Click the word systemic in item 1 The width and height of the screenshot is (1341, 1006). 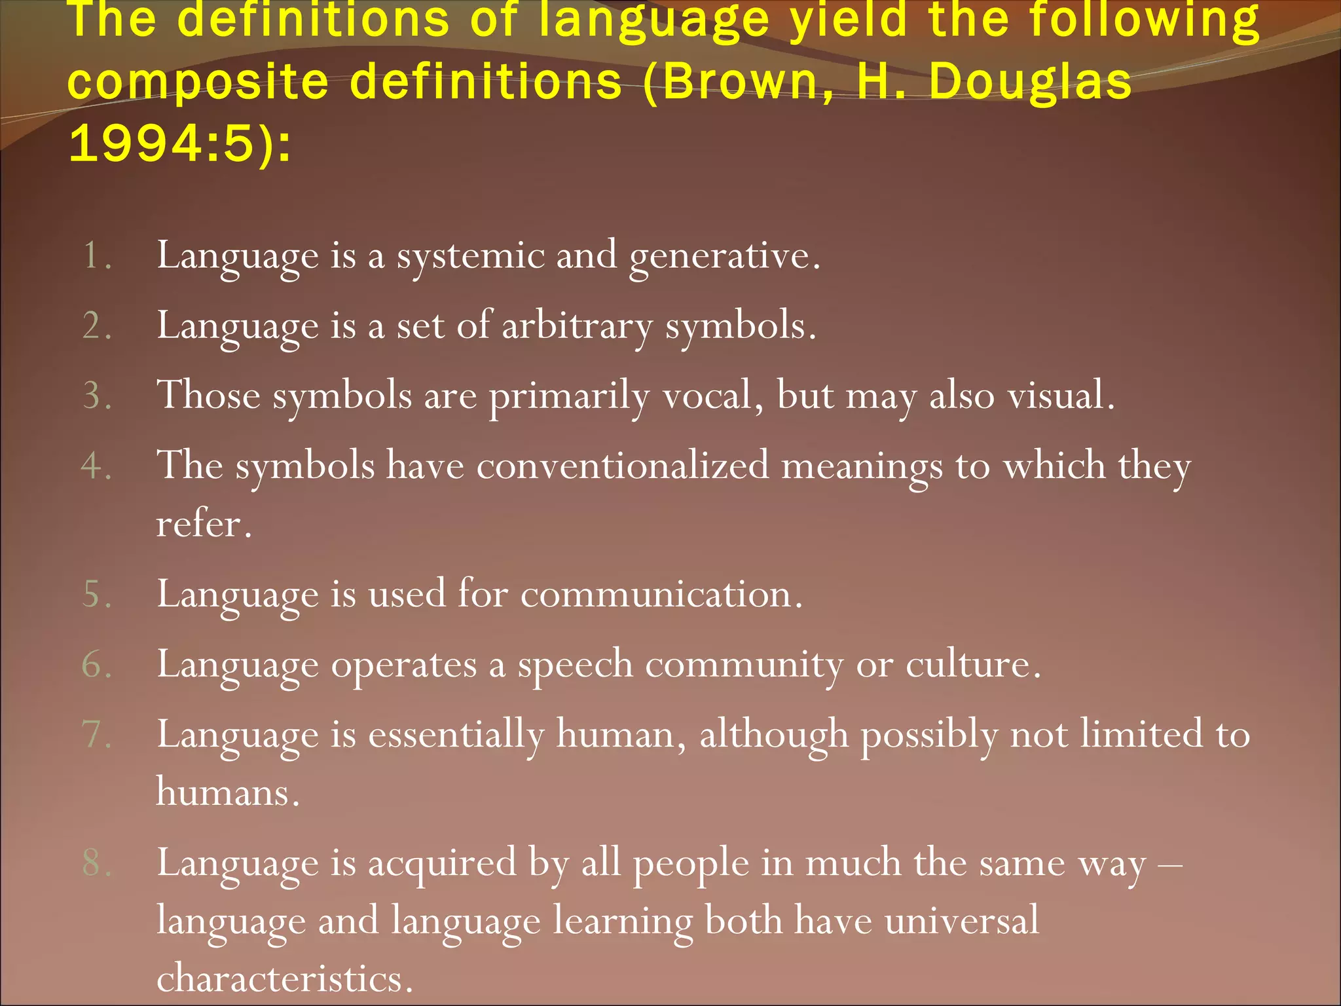[471, 255]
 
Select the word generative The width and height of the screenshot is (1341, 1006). [723, 255]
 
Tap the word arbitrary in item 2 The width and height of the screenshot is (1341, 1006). [577, 326]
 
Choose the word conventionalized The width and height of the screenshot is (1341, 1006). [623, 466]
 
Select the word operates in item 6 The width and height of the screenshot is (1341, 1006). [403, 665]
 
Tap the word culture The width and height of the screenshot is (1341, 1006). [972, 665]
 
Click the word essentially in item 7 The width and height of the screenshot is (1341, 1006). [456, 734]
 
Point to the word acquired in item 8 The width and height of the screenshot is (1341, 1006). [442, 863]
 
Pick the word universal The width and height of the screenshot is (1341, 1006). [961, 920]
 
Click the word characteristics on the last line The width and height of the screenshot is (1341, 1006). [284, 978]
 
